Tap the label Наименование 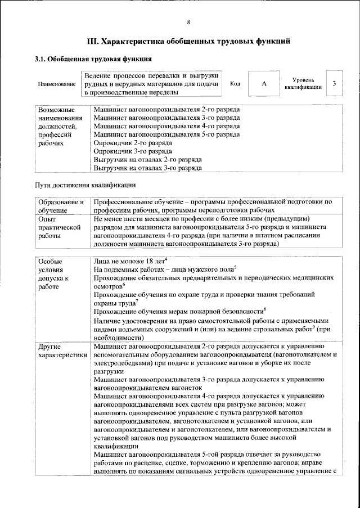coord(57,84)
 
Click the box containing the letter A coord(264,83)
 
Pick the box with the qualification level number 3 coord(334,83)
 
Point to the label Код coord(235,83)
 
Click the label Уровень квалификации coord(303,83)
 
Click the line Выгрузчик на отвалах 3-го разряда coord(147,168)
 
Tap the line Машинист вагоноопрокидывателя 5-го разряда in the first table coord(166,134)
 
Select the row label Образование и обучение coord(61,205)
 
